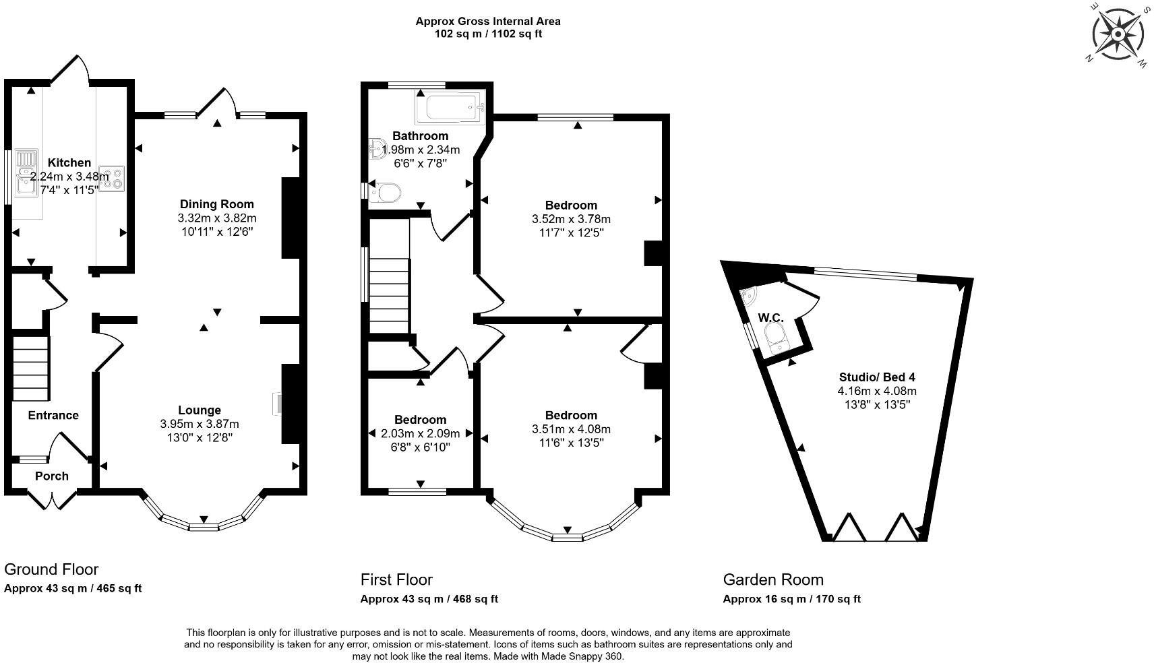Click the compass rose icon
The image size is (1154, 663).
[1118, 34]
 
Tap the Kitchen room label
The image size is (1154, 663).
[69, 163]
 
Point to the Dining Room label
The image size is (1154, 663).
[217, 204]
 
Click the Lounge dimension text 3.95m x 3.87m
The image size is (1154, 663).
[200, 424]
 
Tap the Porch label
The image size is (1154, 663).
[52, 476]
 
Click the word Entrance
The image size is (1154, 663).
[53, 415]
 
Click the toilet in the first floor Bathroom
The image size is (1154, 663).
[384, 193]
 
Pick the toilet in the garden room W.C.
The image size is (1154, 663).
[777, 336]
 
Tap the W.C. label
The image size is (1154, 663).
[770, 317]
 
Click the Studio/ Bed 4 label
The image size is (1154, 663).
[877, 377]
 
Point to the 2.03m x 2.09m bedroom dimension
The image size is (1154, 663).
[421, 434]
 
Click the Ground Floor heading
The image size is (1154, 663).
[51, 569]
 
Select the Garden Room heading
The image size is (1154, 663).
[773, 579]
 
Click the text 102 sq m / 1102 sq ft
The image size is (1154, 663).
[487, 34]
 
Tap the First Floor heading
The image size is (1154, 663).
[396, 579]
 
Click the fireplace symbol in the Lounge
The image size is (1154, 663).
[277, 404]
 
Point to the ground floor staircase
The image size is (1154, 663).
[31, 369]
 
